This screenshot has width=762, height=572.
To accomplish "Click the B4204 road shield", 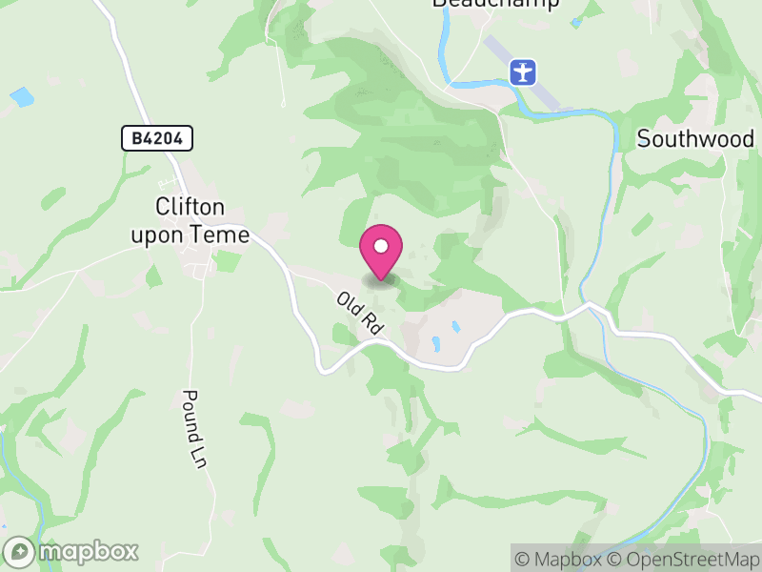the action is coord(157,139).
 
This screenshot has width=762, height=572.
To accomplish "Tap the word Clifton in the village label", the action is coord(190,207).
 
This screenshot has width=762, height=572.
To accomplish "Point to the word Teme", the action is coord(226,234).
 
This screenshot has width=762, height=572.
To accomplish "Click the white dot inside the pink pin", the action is coord(381,246).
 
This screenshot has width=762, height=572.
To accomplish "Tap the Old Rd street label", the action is coord(360,313).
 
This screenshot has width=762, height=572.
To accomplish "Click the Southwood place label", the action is coord(695,139).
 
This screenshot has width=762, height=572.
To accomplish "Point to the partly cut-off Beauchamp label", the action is coord(495,4).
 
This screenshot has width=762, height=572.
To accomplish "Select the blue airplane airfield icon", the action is coord(523,71).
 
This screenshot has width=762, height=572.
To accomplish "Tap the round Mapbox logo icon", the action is coord(20,552).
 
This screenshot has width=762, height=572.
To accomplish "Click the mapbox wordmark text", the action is coord(88,552).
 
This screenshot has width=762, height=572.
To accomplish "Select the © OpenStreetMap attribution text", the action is coord(684,559).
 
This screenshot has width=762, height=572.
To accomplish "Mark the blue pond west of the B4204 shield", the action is coord(21,97).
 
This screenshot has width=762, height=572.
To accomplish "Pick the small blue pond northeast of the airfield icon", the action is coord(577,22).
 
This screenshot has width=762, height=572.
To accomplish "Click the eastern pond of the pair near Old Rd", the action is coord(456,327).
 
